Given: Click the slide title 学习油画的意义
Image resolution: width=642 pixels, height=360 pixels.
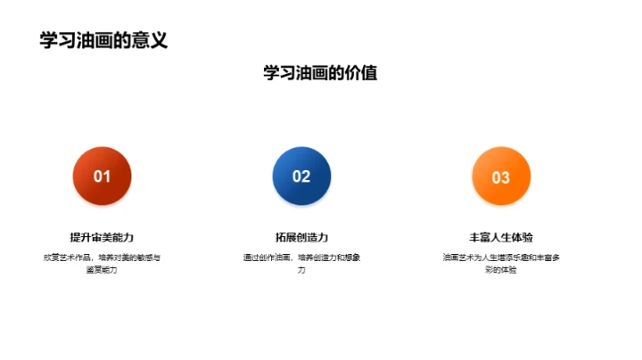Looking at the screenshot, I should point(103,40).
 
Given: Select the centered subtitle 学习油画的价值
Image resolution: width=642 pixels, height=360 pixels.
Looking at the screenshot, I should point(320,73).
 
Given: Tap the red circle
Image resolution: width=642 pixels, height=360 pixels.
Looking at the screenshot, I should point(102,176).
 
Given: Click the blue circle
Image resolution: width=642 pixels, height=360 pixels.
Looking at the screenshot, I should point(301,176).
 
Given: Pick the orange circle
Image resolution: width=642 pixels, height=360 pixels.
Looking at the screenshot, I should point(501,176).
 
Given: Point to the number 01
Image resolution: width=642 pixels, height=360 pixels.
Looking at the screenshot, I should point(102,176).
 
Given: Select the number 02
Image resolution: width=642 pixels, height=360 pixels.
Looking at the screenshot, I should point(301,176).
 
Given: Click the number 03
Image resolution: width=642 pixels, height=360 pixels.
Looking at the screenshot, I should point(501,177).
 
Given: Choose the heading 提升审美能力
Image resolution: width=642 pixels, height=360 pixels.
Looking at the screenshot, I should point(102,237).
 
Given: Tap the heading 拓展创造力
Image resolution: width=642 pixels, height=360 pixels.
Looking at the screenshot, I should point(301,237).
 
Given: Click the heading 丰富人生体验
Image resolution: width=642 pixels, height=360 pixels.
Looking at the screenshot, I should point(501,237).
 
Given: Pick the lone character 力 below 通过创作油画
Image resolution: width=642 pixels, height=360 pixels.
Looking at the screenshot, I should point(301,269).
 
